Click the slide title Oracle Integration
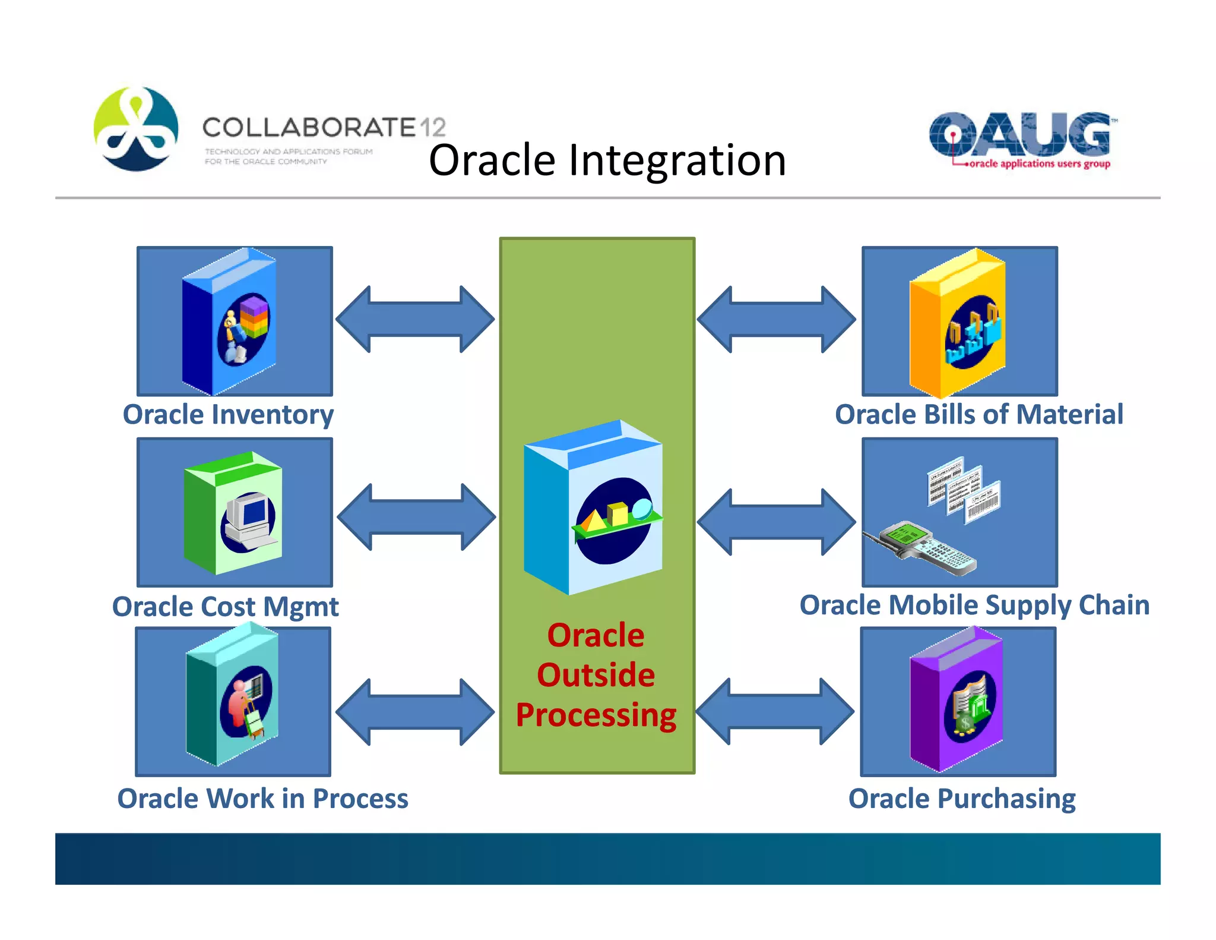[x=607, y=160]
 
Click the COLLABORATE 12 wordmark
[x=324, y=127]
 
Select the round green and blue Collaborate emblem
[x=136, y=129]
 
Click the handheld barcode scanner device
[x=923, y=547]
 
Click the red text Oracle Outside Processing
[x=596, y=676]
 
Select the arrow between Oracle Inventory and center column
[x=415, y=319]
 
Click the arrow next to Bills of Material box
[x=776, y=319]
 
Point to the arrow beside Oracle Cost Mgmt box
[x=416, y=517]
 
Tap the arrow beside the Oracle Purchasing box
[x=775, y=711]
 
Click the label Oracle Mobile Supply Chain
[x=974, y=605]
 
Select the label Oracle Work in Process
[x=262, y=799]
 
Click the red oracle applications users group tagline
[x=1038, y=164]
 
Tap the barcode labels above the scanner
[x=963, y=490]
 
